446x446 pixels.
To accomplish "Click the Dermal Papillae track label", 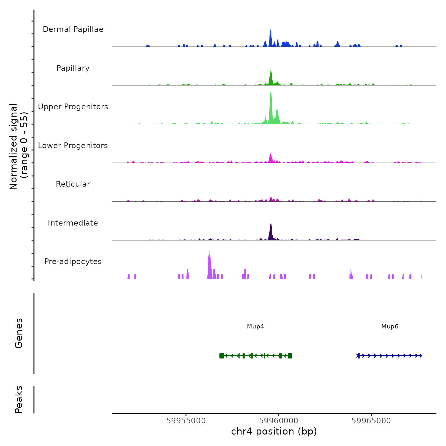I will pyautogui.click(x=73, y=29).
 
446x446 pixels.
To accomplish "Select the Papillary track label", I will pyautogui.click(x=73, y=68).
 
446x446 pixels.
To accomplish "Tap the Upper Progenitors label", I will pyautogui.click(x=73, y=107).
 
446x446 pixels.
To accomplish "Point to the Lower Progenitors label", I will pyautogui.click(x=73, y=146).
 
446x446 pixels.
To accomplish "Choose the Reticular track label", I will pyautogui.click(x=73, y=184).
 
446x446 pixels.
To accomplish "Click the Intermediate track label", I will pyautogui.click(x=73, y=223).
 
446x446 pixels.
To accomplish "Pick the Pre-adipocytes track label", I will pyautogui.click(x=73, y=262).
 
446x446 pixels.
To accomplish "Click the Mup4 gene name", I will pyautogui.click(x=255, y=327).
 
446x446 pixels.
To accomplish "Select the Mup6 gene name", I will pyautogui.click(x=390, y=327).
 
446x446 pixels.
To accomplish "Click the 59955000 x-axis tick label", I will pyautogui.click(x=186, y=421).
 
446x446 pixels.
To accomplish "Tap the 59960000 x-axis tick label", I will pyautogui.click(x=279, y=421).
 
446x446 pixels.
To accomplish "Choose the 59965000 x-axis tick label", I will pyautogui.click(x=371, y=421).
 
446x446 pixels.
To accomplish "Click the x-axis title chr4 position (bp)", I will pyautogui.click(x=274, y=431).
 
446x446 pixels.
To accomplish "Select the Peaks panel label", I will pyautogui.click(x=19, y=399).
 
